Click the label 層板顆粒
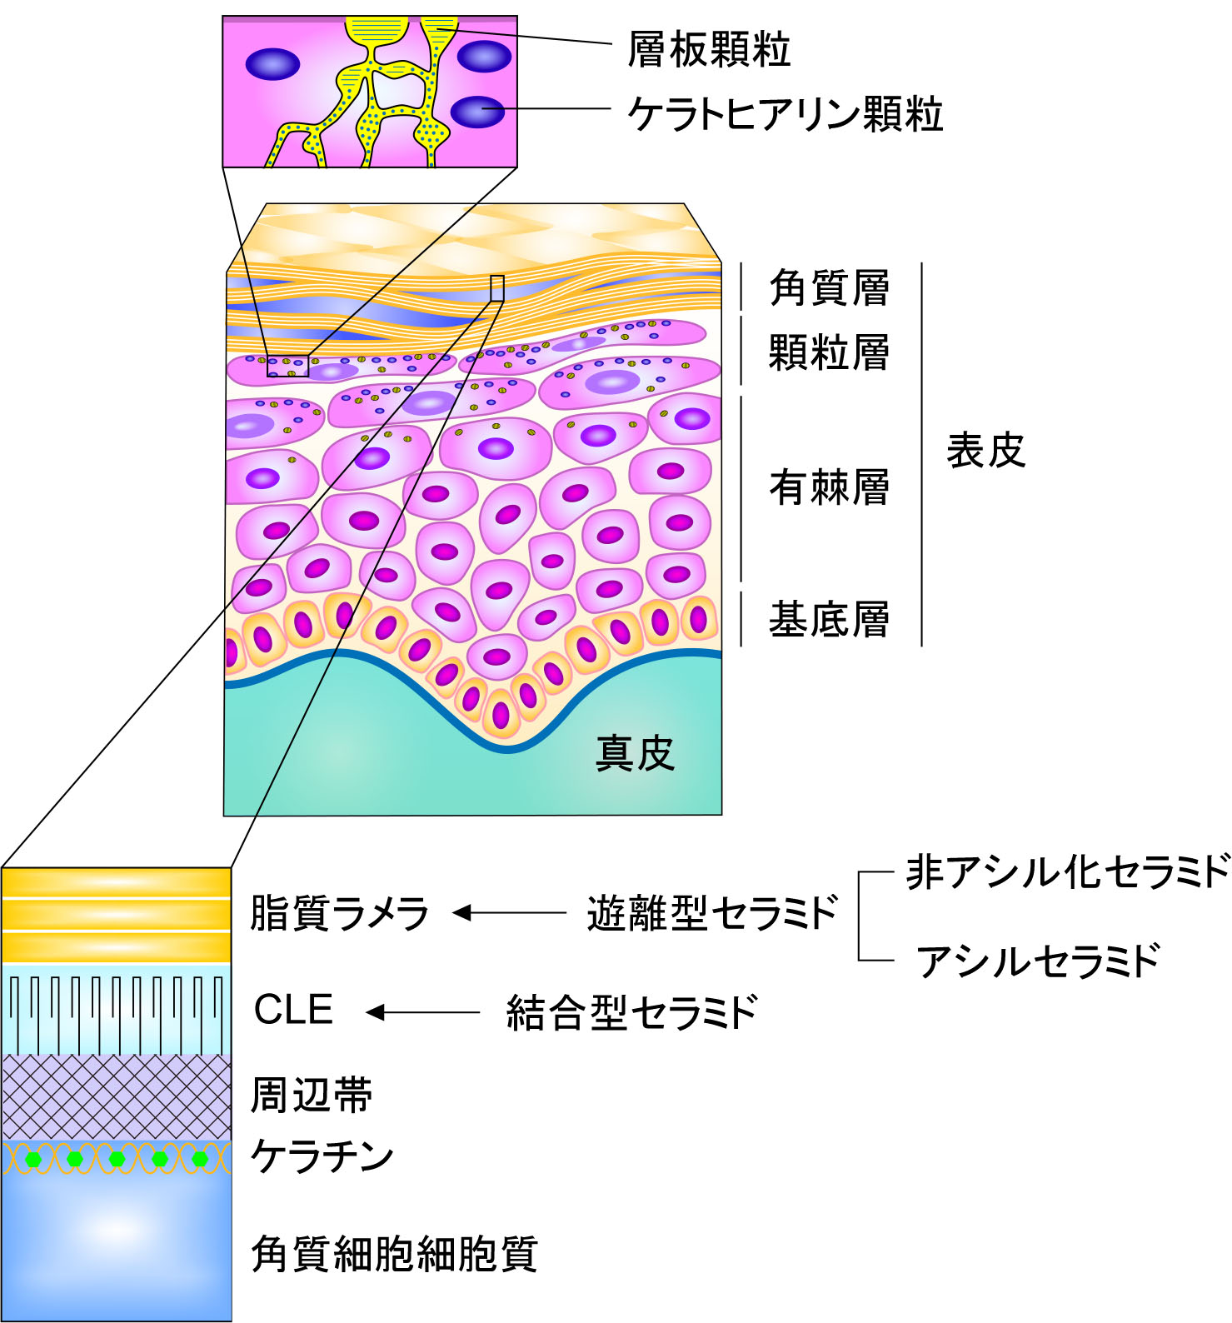click(x=709, y=49)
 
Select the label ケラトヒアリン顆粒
click(x=786, y=114)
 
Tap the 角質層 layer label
click(x=829, y=288)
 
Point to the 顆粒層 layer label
click(x=829, y=352)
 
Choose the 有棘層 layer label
click(x=829, y=487)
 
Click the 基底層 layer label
click(x=829, y=620)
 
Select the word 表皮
click(x=985, y=451)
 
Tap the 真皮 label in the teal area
click(x=635, y=753)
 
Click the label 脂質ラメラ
click(x=339, y=913)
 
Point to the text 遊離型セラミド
click(x=712, y=913)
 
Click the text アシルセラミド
click(x=1038, y=961)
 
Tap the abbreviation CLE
click(x=293, y=1010)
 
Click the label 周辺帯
click(x=312, y=1095)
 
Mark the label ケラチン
click(x=322, y=1156)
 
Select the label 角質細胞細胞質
click(x=394, y=1254)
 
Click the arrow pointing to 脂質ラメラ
click(x=509, y=913)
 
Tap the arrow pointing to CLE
click(x=423, y=1012)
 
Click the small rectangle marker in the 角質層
click(x=497, y=288)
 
